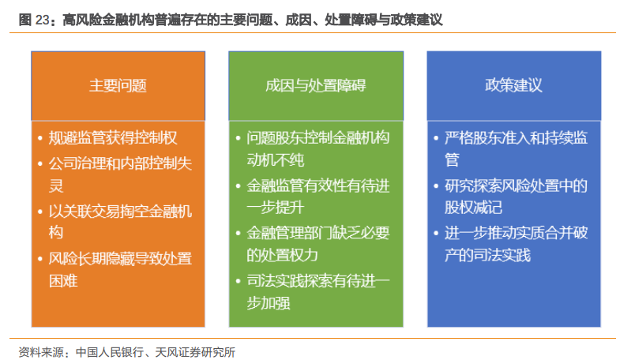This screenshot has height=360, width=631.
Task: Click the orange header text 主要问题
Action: (x=118, y=86)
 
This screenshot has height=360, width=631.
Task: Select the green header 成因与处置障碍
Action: (x=316, y=86)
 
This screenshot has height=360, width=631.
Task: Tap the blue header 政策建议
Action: (x=513, y=85)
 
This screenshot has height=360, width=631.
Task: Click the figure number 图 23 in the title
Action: (x=34, y=19)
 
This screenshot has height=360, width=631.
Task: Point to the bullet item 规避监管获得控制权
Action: (x=113, y=138)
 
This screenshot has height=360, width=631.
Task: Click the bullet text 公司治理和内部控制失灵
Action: (x=120, y=174)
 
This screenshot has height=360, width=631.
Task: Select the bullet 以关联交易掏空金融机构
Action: (x=120, y=222)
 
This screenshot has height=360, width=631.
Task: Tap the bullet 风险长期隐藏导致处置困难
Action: (x=120, y=269)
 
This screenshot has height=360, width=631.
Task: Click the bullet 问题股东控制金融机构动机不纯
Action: (x=318, y=149)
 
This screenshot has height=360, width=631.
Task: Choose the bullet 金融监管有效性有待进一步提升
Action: (x=318, y=197)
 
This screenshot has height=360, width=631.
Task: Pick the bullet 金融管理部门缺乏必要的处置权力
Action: (x=318, y=244)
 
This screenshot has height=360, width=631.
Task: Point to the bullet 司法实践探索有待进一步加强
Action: (x=318, y=291)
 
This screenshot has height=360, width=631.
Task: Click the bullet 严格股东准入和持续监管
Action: (x=516, y=149)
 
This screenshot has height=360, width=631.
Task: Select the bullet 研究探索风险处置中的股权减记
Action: (x=516, y=197)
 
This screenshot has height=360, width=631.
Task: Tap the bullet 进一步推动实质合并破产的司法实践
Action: (x=516, y=244)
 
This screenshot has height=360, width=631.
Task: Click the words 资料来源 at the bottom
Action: (x=41, y=352)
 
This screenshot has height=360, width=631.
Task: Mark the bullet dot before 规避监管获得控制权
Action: (x=39, y=138)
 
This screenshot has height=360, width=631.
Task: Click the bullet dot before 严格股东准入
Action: (x=436, y=138)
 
